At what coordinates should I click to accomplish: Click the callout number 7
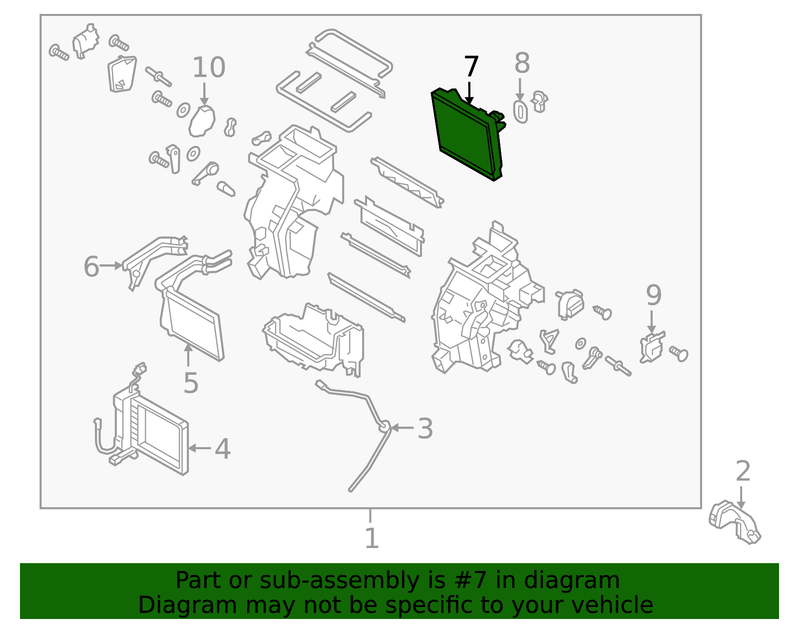tap(471, 67)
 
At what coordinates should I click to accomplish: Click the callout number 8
tap(522, 64)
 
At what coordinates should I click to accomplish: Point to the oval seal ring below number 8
tap(520, 112)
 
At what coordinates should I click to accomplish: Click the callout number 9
tap(654, 295)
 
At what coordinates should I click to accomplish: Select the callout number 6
tap(91, 266)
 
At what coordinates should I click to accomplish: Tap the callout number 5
tap(191, 383)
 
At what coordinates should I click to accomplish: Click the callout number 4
tap(223, 449)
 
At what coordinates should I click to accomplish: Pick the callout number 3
tap(425, 429)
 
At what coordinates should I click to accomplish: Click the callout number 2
tap(743, 471)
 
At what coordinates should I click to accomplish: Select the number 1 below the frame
tap(372, 539)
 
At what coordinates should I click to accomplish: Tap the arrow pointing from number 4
tap(200, 448)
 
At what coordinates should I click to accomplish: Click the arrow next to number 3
tap(402, 428)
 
